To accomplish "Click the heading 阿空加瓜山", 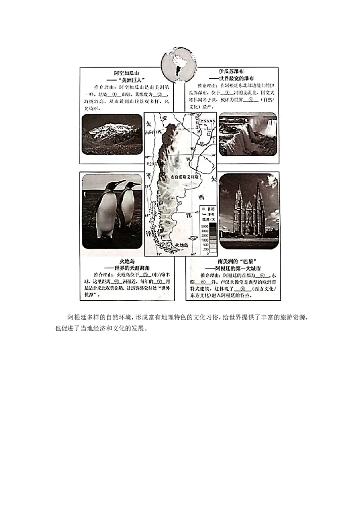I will [126, 72].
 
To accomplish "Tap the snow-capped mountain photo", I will [112, 134].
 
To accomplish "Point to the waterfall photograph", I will [247, 134].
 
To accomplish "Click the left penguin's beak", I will [121, 182].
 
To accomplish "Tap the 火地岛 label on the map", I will [183, 245].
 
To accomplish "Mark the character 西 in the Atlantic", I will [201, 197].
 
